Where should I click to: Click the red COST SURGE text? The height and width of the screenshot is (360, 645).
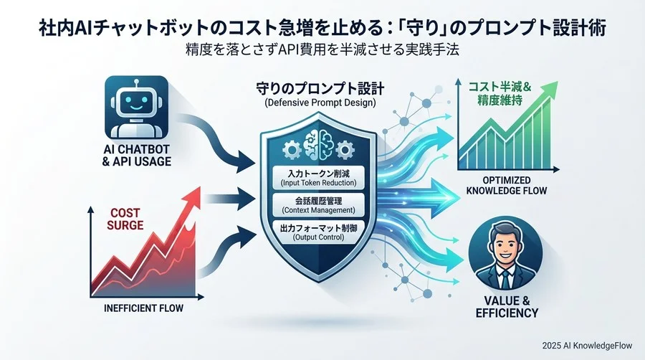(x=126, y=218)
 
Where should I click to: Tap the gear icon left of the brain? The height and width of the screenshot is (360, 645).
(x=292, y=148)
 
